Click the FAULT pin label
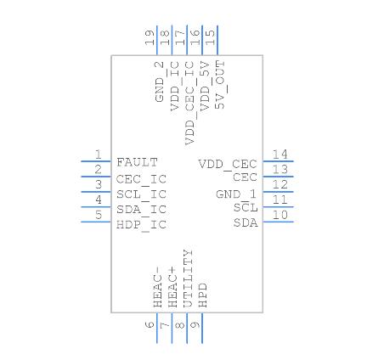(x=138, y=161)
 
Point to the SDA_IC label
(x=141, y=208)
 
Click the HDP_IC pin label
(x=141, y=223)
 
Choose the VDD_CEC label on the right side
(x=228, y=163)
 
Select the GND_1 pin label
(x=236, y=194)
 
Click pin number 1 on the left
(x=99, y=154)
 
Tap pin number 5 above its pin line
(x=99, y=215)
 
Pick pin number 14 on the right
(x=279, y=154)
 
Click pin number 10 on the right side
(x=279, y=215)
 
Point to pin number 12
(x=279, y=184)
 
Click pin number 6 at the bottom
(x=149, y=324)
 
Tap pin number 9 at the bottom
(x=195, y=324)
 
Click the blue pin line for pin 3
(x=96, y=191)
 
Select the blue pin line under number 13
(x=279, y=176)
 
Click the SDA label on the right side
(x=245, y=223)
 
